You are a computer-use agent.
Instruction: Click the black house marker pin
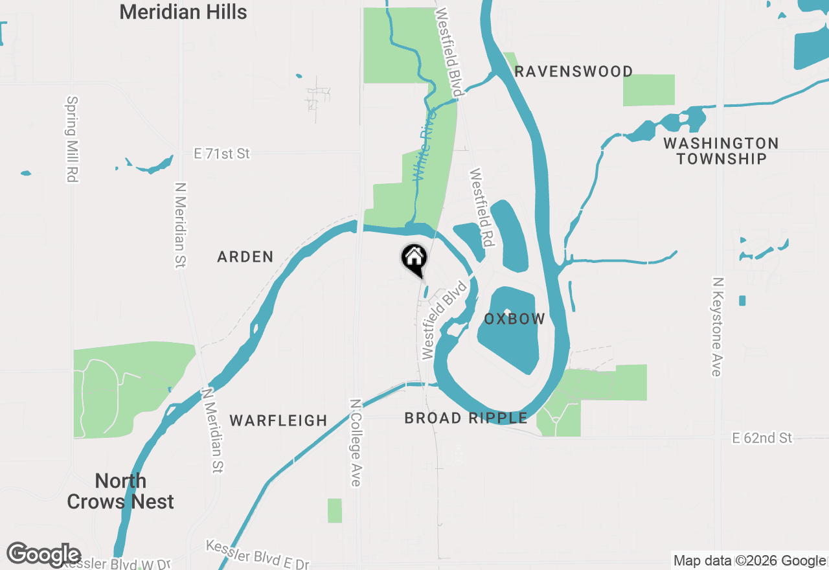(414, 260)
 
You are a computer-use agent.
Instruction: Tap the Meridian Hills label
(183, 12)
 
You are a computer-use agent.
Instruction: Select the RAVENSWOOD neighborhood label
(573, 71)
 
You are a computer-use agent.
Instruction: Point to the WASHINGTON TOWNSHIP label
(721, 151)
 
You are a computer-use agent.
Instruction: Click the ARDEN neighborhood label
(245, 257)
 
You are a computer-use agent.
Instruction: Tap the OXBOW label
(514, 319)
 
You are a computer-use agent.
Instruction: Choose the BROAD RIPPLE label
(466, 418)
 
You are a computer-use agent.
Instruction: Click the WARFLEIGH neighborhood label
(278, 421)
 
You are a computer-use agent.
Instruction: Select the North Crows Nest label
(120, 491)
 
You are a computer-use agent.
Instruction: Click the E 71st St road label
(221, 154)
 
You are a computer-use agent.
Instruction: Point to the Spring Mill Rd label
(72, 139)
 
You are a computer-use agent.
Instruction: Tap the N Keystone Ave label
(716, 327)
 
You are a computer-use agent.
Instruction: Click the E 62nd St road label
(762, 439)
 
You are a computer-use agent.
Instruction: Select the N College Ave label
(355, 442)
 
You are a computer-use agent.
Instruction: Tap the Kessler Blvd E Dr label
(258, 555)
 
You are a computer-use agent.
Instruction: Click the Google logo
(43, 555)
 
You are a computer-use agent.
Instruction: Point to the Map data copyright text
(749, 561)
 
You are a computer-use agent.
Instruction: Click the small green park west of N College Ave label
(334, 510)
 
